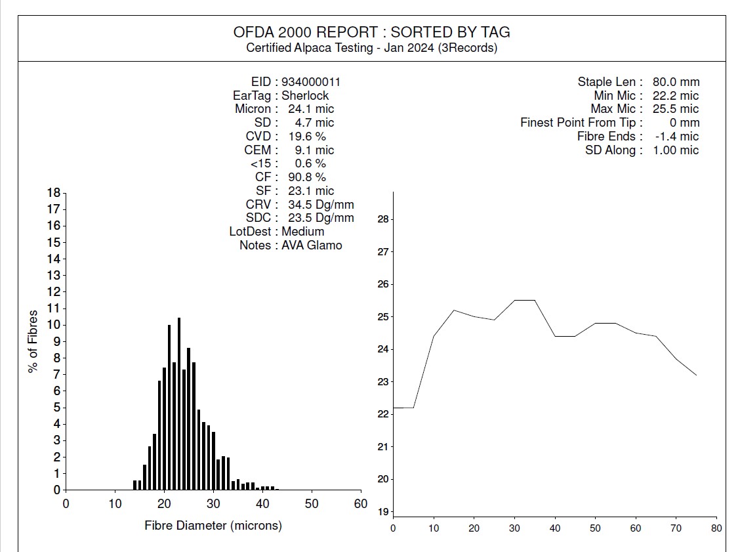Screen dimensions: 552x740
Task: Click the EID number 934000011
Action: coord(311,82)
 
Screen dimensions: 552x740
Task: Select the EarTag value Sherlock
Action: coord(305,95)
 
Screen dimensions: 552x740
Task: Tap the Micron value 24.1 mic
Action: coord(311,109)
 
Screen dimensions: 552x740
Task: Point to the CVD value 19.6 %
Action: coord(307,137)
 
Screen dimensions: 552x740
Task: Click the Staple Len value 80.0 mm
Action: coord(676,82)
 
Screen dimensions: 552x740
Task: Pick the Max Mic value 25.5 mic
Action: coord(676,109)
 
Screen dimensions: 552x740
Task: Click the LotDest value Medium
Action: coord(303,232)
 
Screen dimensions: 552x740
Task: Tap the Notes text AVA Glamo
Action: coord(312,245)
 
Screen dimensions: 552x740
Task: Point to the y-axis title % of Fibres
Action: coord(33,341)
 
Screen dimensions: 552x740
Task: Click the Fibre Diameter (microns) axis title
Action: coord(213,526)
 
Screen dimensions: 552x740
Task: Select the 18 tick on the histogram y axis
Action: coord(54,193)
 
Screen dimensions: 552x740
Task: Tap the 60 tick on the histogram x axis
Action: coord(361,503)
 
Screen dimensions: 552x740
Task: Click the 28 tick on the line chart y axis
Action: coord(382,219)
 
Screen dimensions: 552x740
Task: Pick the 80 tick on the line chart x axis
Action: coord(716,528)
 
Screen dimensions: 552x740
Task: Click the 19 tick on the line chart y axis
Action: coord(382,512)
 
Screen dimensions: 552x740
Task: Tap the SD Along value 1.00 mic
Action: coord(676,150)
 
